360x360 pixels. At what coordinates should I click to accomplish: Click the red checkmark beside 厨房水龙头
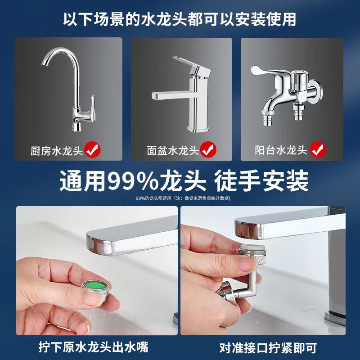pyautogui.click(x=93, y=149)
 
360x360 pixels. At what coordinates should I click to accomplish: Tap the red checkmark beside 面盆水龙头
pyautogui.click(x=208, y=149)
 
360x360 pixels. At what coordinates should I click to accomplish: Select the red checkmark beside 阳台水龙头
pyautogui.click(x=318, y=149)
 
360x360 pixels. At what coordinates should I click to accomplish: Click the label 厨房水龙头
pyautogui.click(x=57, y=151)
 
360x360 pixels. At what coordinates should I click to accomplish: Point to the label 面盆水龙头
pyautogui.click(x=173, y=151)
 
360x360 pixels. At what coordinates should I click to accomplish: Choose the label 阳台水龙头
pyautogui.click(x=281, y=150)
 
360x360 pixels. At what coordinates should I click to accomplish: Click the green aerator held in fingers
pyautogui.click(x=94, y=291)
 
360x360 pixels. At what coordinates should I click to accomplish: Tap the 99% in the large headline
pyautogui.click(x=133, y=181)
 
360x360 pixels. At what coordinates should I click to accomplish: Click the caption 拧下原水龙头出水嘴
pyautogui.click(x=94, y=347)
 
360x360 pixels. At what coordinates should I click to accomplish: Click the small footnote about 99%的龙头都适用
pyautogui.click(x=183, y=198)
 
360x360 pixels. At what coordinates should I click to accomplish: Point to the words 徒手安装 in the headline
pyautogui.click(x=261, y=181)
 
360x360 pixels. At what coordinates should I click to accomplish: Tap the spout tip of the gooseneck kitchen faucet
pyautogui.click(x=45, y=64)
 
